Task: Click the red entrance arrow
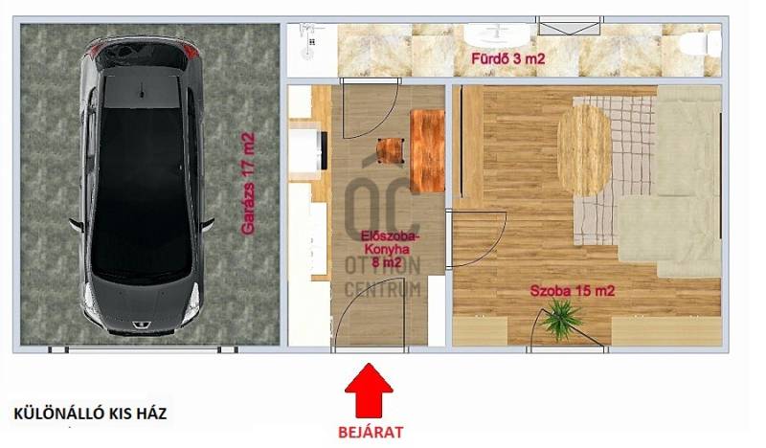tap(369, 391)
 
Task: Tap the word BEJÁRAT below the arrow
tap(371, 433)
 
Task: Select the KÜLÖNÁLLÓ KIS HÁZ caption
tap(90, 414)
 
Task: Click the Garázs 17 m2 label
tap(248, 183)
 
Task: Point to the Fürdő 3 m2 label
tap(507, 59)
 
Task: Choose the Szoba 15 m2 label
tap(573, 291)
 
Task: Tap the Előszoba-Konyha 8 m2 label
tap(390, 249)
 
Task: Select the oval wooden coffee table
tap(585, 150)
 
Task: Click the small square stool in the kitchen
tap(391, 151)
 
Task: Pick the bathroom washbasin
tap(497, 34)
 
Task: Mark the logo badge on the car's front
tap(136, 324)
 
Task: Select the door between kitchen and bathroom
tap(371, 107)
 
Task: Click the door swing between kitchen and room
tap(477, 239)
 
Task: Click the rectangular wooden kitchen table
tap(427, 151)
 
